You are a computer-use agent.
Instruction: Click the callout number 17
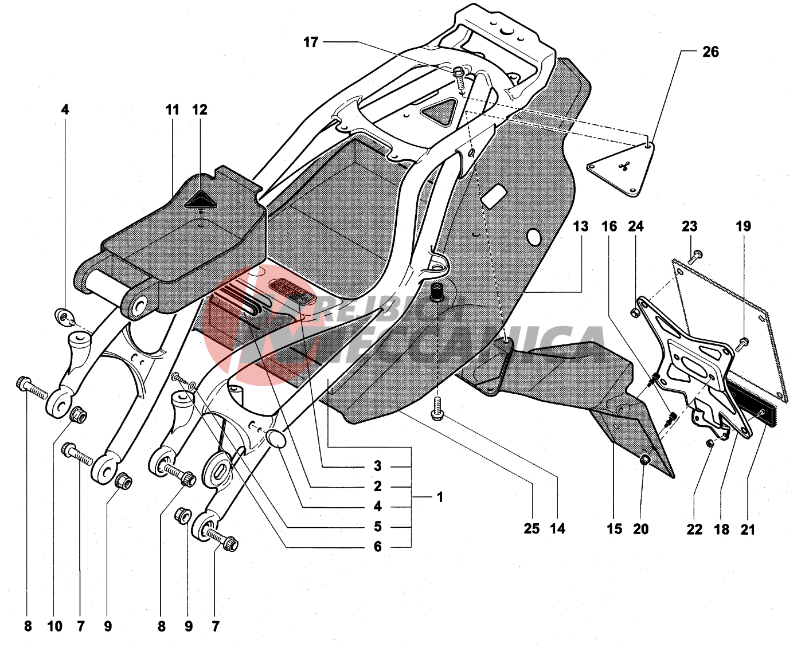(x=311, y=42)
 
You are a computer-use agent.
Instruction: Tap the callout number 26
(x=710, y=52)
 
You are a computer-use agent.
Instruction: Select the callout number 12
(x=200, y=109)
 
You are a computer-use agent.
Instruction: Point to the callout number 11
(x=173, y=109)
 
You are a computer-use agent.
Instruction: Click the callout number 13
(x=580, y=226)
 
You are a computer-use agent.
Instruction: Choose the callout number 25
(x=531, y=528)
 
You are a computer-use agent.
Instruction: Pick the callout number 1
(x=440, y=497)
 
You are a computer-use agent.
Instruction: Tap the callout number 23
(x=689, y=226)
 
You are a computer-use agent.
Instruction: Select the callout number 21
(x=748, y=530)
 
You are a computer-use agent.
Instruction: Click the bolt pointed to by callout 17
(x=459, y=73)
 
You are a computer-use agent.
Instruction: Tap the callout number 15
(x=614, y=530)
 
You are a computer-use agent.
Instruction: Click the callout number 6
(x=377, y=547)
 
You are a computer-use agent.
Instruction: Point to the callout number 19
(x=743, y=226)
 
